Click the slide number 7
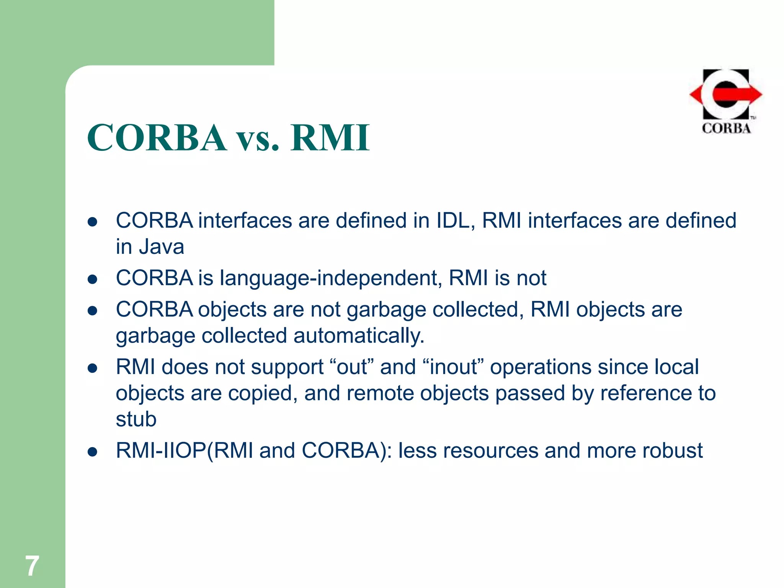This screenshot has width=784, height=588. (x=32, y=566)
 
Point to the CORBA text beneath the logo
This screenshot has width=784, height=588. (x=726, y=128)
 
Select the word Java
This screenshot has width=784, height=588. (x=161, y=247)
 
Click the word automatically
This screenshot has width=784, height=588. (x=359, y=336)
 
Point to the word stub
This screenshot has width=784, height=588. (x=136, y=419)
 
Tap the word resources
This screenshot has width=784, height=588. (x=490, y=451)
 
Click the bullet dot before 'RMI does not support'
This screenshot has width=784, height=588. (x=92, y=368)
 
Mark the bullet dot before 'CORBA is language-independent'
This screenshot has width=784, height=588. (x=92, y=279)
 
